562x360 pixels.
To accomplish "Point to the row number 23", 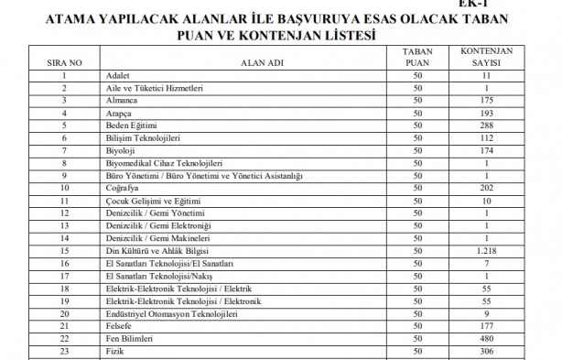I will tap(64, 351).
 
